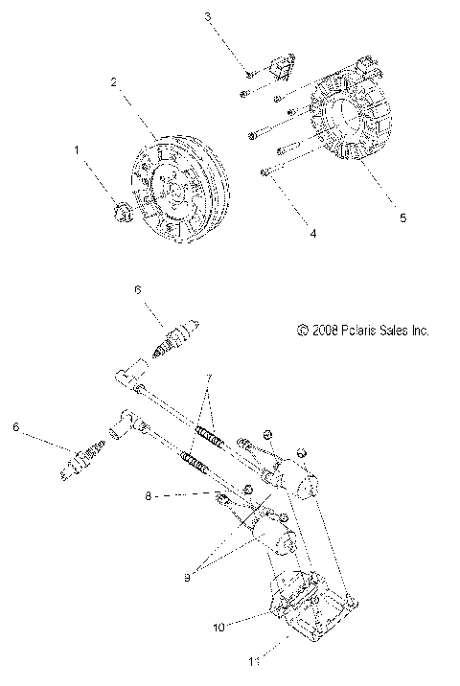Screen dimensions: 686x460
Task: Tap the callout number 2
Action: pyautogui.click(x=113, y=82)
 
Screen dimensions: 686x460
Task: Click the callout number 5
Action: pyautogui.click(x=377, y=218)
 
